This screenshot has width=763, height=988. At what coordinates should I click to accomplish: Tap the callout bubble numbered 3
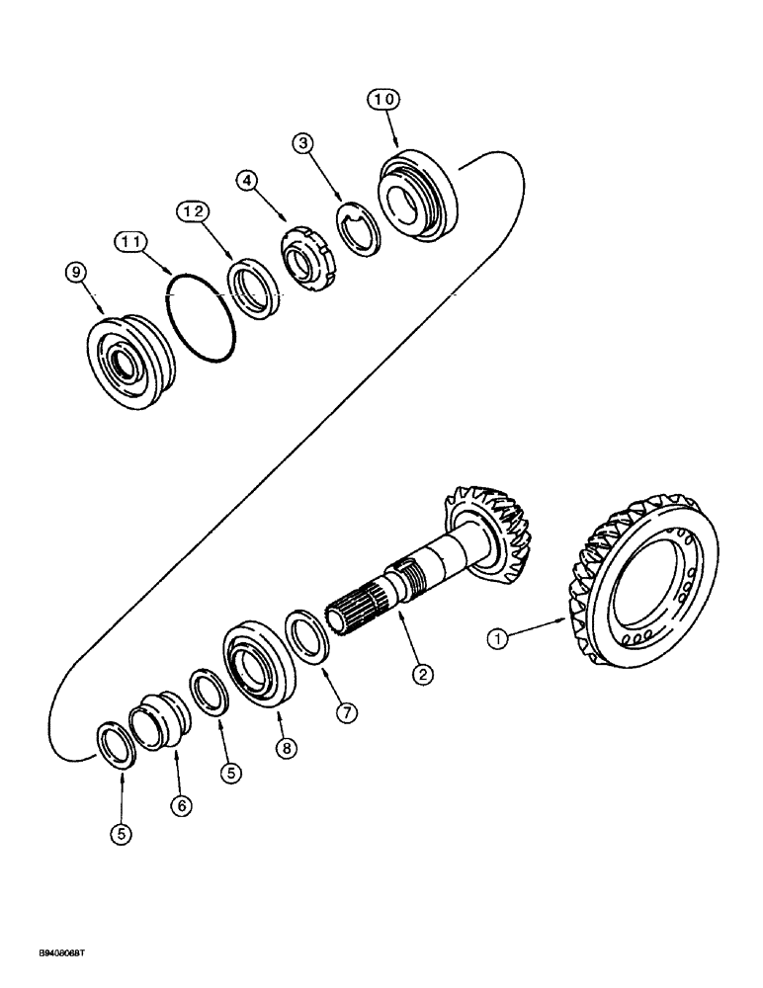click(305, 143)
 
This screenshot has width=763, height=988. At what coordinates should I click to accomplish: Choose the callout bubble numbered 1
click(500, 639)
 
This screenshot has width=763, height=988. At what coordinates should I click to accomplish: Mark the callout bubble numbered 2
click(422, 674)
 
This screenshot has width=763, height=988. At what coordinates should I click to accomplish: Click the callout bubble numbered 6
click(179, 805)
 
